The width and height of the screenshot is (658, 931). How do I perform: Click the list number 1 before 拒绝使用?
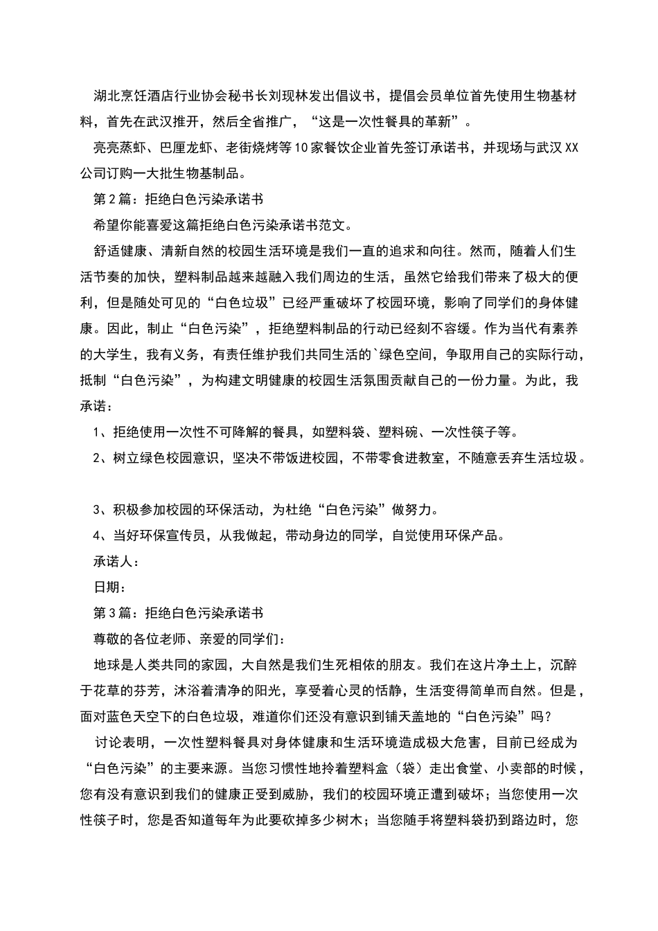click(98, 432)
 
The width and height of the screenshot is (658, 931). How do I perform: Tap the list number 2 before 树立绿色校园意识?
click(98, 458)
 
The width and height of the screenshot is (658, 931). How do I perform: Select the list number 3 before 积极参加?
click(98, 510)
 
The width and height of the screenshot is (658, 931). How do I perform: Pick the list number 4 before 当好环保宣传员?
click(98, 535)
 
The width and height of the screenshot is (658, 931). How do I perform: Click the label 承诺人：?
click(116, 562)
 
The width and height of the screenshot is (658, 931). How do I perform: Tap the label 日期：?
click(109, 587)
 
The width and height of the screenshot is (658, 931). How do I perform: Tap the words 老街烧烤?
click(251, 148)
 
